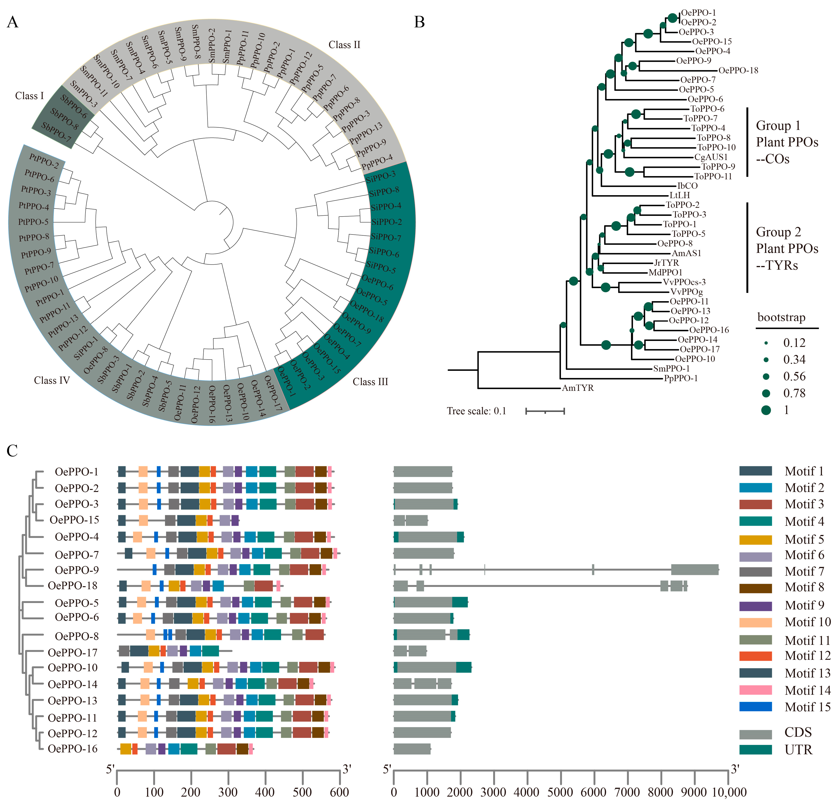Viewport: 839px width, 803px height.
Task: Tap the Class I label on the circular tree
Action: [29, 96]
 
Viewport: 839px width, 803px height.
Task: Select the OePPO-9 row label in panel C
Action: [77, 570]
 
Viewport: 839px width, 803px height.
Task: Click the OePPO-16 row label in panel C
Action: [73, 749]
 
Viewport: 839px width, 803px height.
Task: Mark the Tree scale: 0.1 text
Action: [477, 411]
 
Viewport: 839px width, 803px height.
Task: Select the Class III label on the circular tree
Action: [370, 382]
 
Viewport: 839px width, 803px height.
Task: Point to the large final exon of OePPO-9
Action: [694, 570]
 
